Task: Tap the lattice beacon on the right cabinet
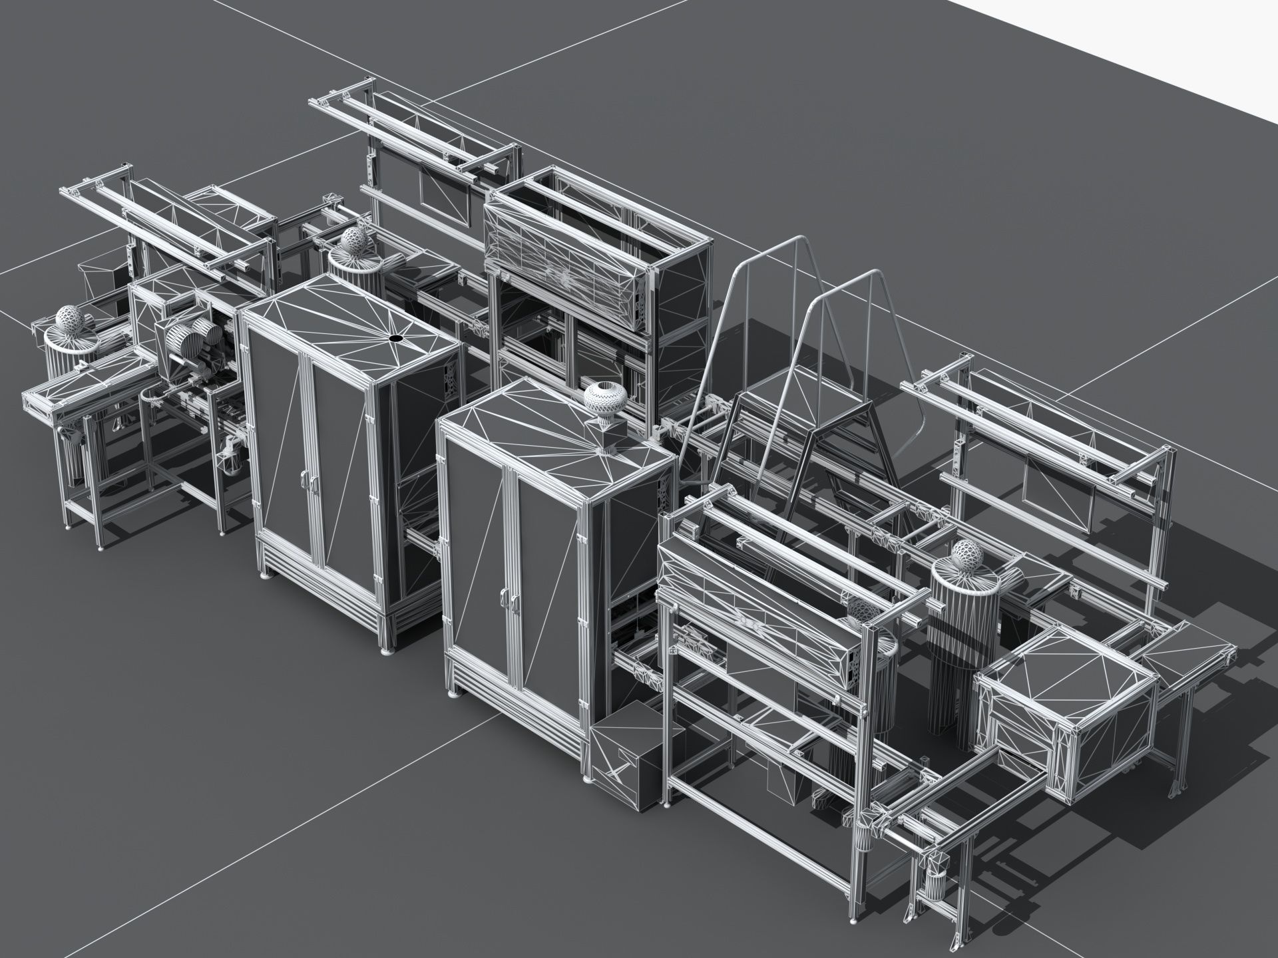pos(604,400)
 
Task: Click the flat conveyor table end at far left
pos(53,406)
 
